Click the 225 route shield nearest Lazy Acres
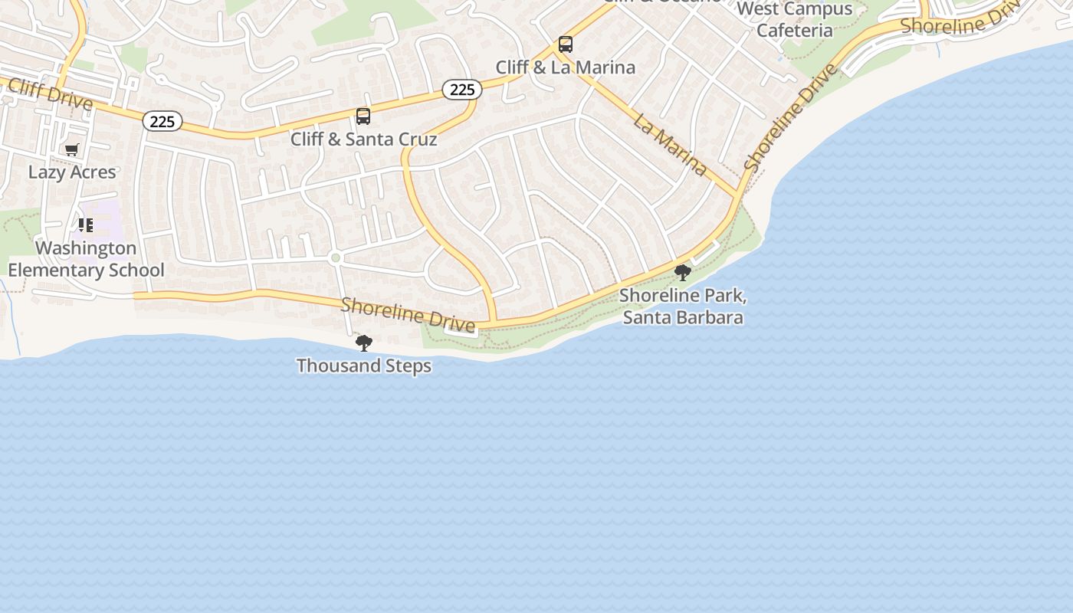point(162,121)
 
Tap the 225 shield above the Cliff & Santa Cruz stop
point(461,90)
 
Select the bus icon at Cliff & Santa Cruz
point(363,116)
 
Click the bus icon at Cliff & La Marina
point(566,44)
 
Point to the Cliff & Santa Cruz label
point(363,139)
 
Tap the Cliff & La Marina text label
point(566,67)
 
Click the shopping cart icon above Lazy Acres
point(72,149)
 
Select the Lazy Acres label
point(72,172)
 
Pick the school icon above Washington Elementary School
point(86,225)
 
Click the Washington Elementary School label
point(86,259)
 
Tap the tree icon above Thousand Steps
point(364,343)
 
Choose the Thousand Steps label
point(364,366)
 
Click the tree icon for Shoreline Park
point(682,272)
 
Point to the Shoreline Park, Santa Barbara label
point(682,306)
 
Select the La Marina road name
point(670,143)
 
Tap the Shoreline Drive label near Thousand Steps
point(408,315)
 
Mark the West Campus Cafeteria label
point(795,20)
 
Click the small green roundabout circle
point(335,258)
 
